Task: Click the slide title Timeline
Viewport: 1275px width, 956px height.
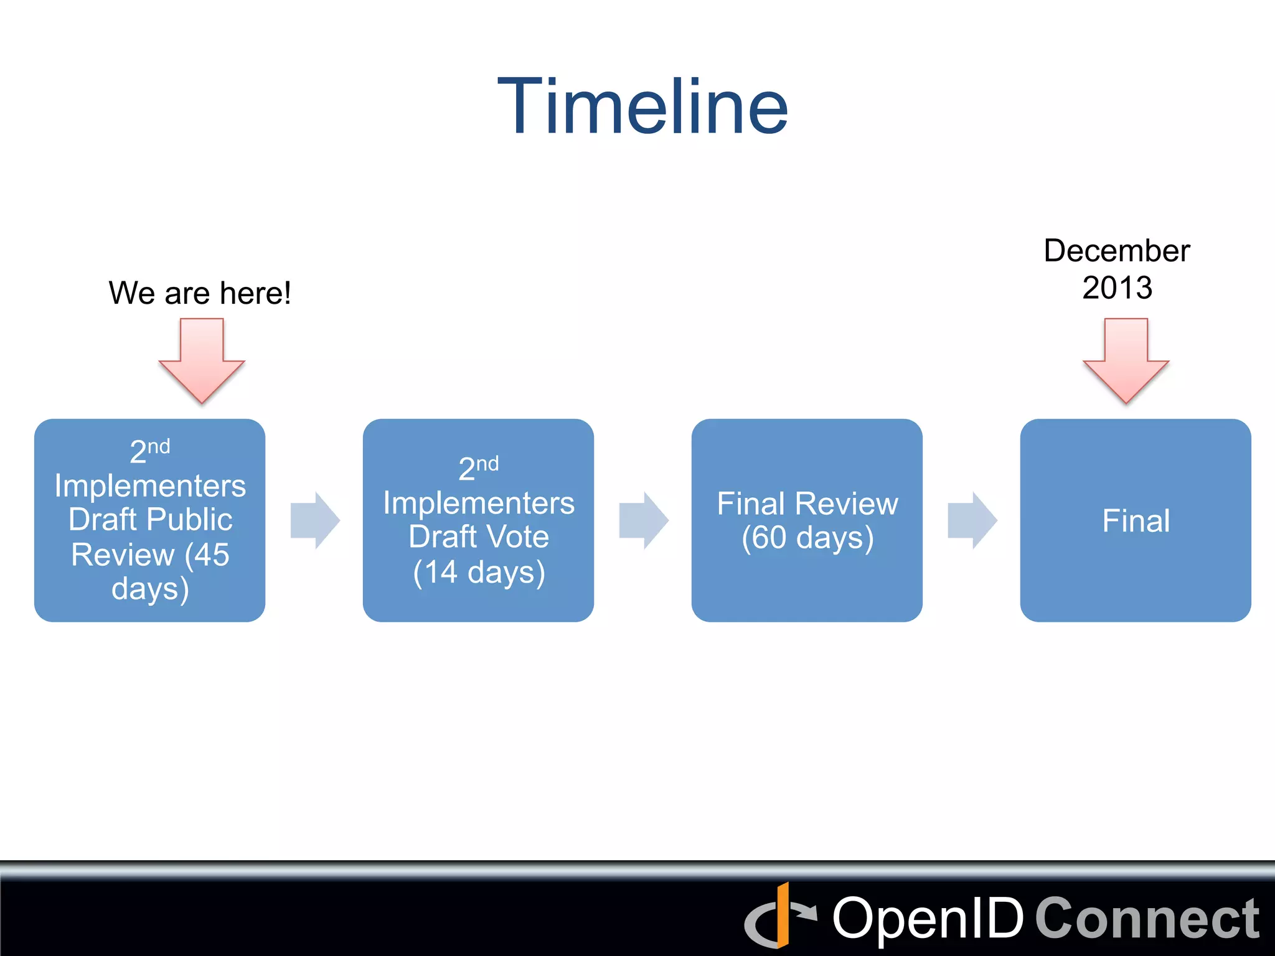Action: pos(642,107)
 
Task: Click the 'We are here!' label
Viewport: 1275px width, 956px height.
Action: pos(200,293)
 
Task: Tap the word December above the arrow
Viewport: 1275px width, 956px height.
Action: pos(1117,251)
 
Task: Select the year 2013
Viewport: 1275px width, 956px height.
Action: pos(1117,288)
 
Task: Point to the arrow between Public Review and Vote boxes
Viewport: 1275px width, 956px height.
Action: pos(315,520)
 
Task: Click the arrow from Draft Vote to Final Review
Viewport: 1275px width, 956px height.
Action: pos(644,520)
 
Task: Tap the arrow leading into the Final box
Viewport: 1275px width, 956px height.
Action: pos(972,520)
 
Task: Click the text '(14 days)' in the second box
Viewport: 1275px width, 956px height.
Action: pos(479,573)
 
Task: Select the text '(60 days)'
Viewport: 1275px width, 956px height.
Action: pos(807,538)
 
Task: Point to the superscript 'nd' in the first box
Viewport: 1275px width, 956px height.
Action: pos(159,446)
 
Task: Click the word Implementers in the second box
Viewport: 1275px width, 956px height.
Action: pos(479,503)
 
